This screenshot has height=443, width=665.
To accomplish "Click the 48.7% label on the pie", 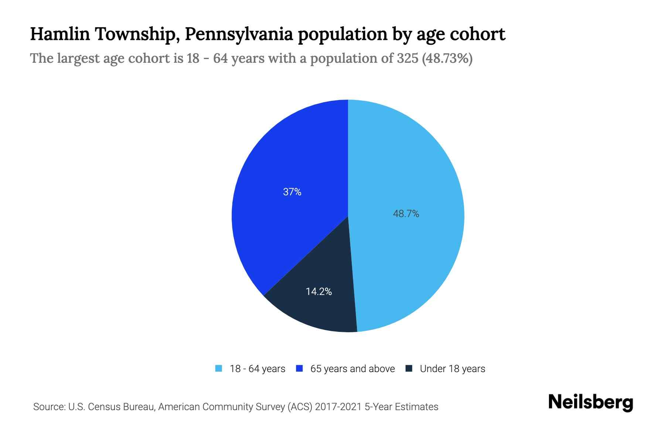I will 406,214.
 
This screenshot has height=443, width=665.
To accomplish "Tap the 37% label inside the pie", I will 292,192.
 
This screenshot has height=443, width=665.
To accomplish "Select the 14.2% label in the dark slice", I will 318,292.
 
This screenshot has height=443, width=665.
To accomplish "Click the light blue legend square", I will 219,368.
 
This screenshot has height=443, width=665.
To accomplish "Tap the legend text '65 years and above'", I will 352,369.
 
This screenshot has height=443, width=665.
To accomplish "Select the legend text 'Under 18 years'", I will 452,369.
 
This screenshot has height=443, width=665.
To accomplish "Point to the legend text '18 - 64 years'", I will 258,369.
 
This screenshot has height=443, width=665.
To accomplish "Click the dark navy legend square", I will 409,368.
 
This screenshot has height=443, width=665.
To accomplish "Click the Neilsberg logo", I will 590,402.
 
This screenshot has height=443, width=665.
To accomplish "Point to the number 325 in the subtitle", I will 407,58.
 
